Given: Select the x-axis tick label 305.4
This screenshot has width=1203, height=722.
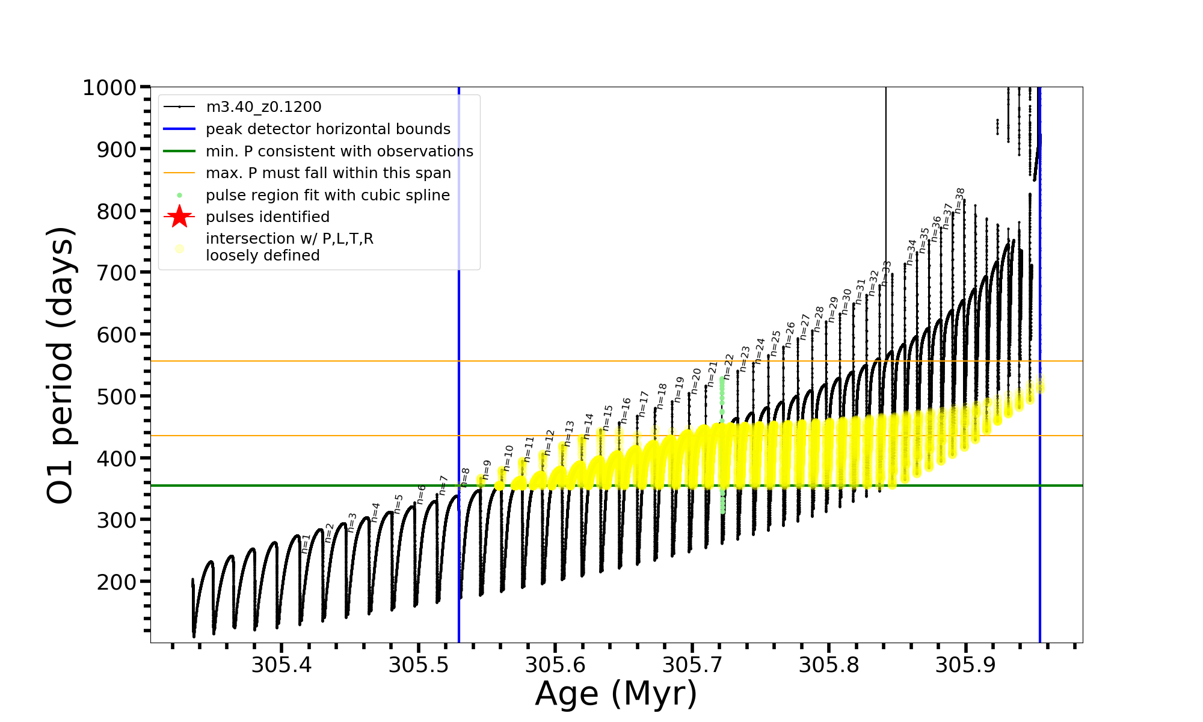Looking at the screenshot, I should point(282,665).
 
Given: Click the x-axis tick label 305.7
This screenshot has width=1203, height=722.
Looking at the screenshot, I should point(692,665).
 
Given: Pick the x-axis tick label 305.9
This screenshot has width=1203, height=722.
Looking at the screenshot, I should point(965,665).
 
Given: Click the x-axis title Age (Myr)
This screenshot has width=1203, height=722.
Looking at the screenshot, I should point(616,694).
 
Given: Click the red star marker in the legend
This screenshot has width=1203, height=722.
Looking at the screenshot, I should point(179,217).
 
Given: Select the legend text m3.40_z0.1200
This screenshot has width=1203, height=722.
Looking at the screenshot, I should point(263,107).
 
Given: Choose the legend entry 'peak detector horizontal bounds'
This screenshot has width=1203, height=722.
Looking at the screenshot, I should point(328,129).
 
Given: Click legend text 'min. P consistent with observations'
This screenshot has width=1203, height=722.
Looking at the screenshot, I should point(339,151).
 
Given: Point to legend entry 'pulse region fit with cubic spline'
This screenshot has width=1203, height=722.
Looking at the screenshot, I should point(327,196).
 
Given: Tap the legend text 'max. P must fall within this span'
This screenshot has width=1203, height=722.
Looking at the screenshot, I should point(328,173).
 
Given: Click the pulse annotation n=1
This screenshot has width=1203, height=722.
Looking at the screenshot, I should point(306,543).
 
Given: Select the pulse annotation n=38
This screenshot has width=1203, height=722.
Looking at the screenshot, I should point(960,200).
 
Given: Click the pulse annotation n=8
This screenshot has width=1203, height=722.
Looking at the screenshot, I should point(465,476).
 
